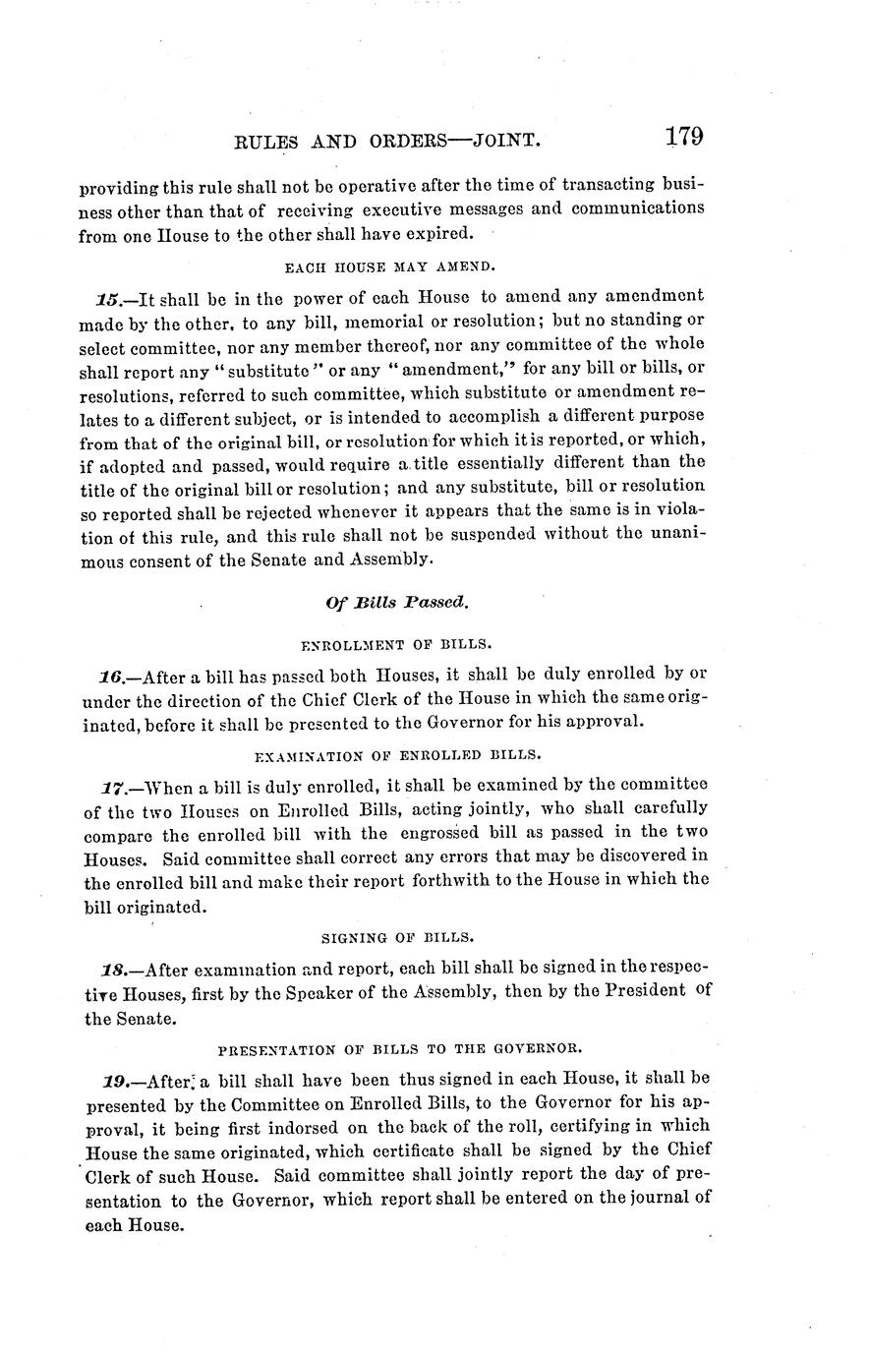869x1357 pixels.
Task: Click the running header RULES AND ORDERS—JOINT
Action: pyautogui.click(x=388, y=142)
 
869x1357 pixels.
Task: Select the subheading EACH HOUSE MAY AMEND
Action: pyautogui.click(x=393, y=266)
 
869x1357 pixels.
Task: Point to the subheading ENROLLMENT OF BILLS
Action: pyautogui.click(x=394, y=645)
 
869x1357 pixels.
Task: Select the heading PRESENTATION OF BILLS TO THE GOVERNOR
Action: pyautogui.click(x=394, y=1047)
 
